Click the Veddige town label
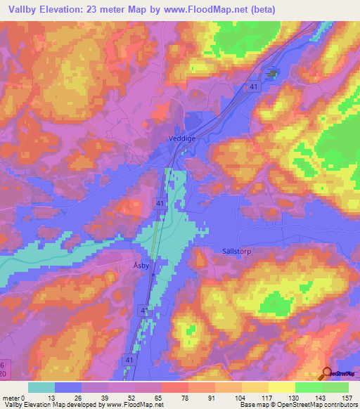tap(181, 139)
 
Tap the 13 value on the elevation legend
tap(55, 398)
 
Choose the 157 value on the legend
tap(347, 398)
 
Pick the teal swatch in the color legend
tap(41, 387)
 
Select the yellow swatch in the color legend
tap(281, 387)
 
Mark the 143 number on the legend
tap(321, 398)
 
